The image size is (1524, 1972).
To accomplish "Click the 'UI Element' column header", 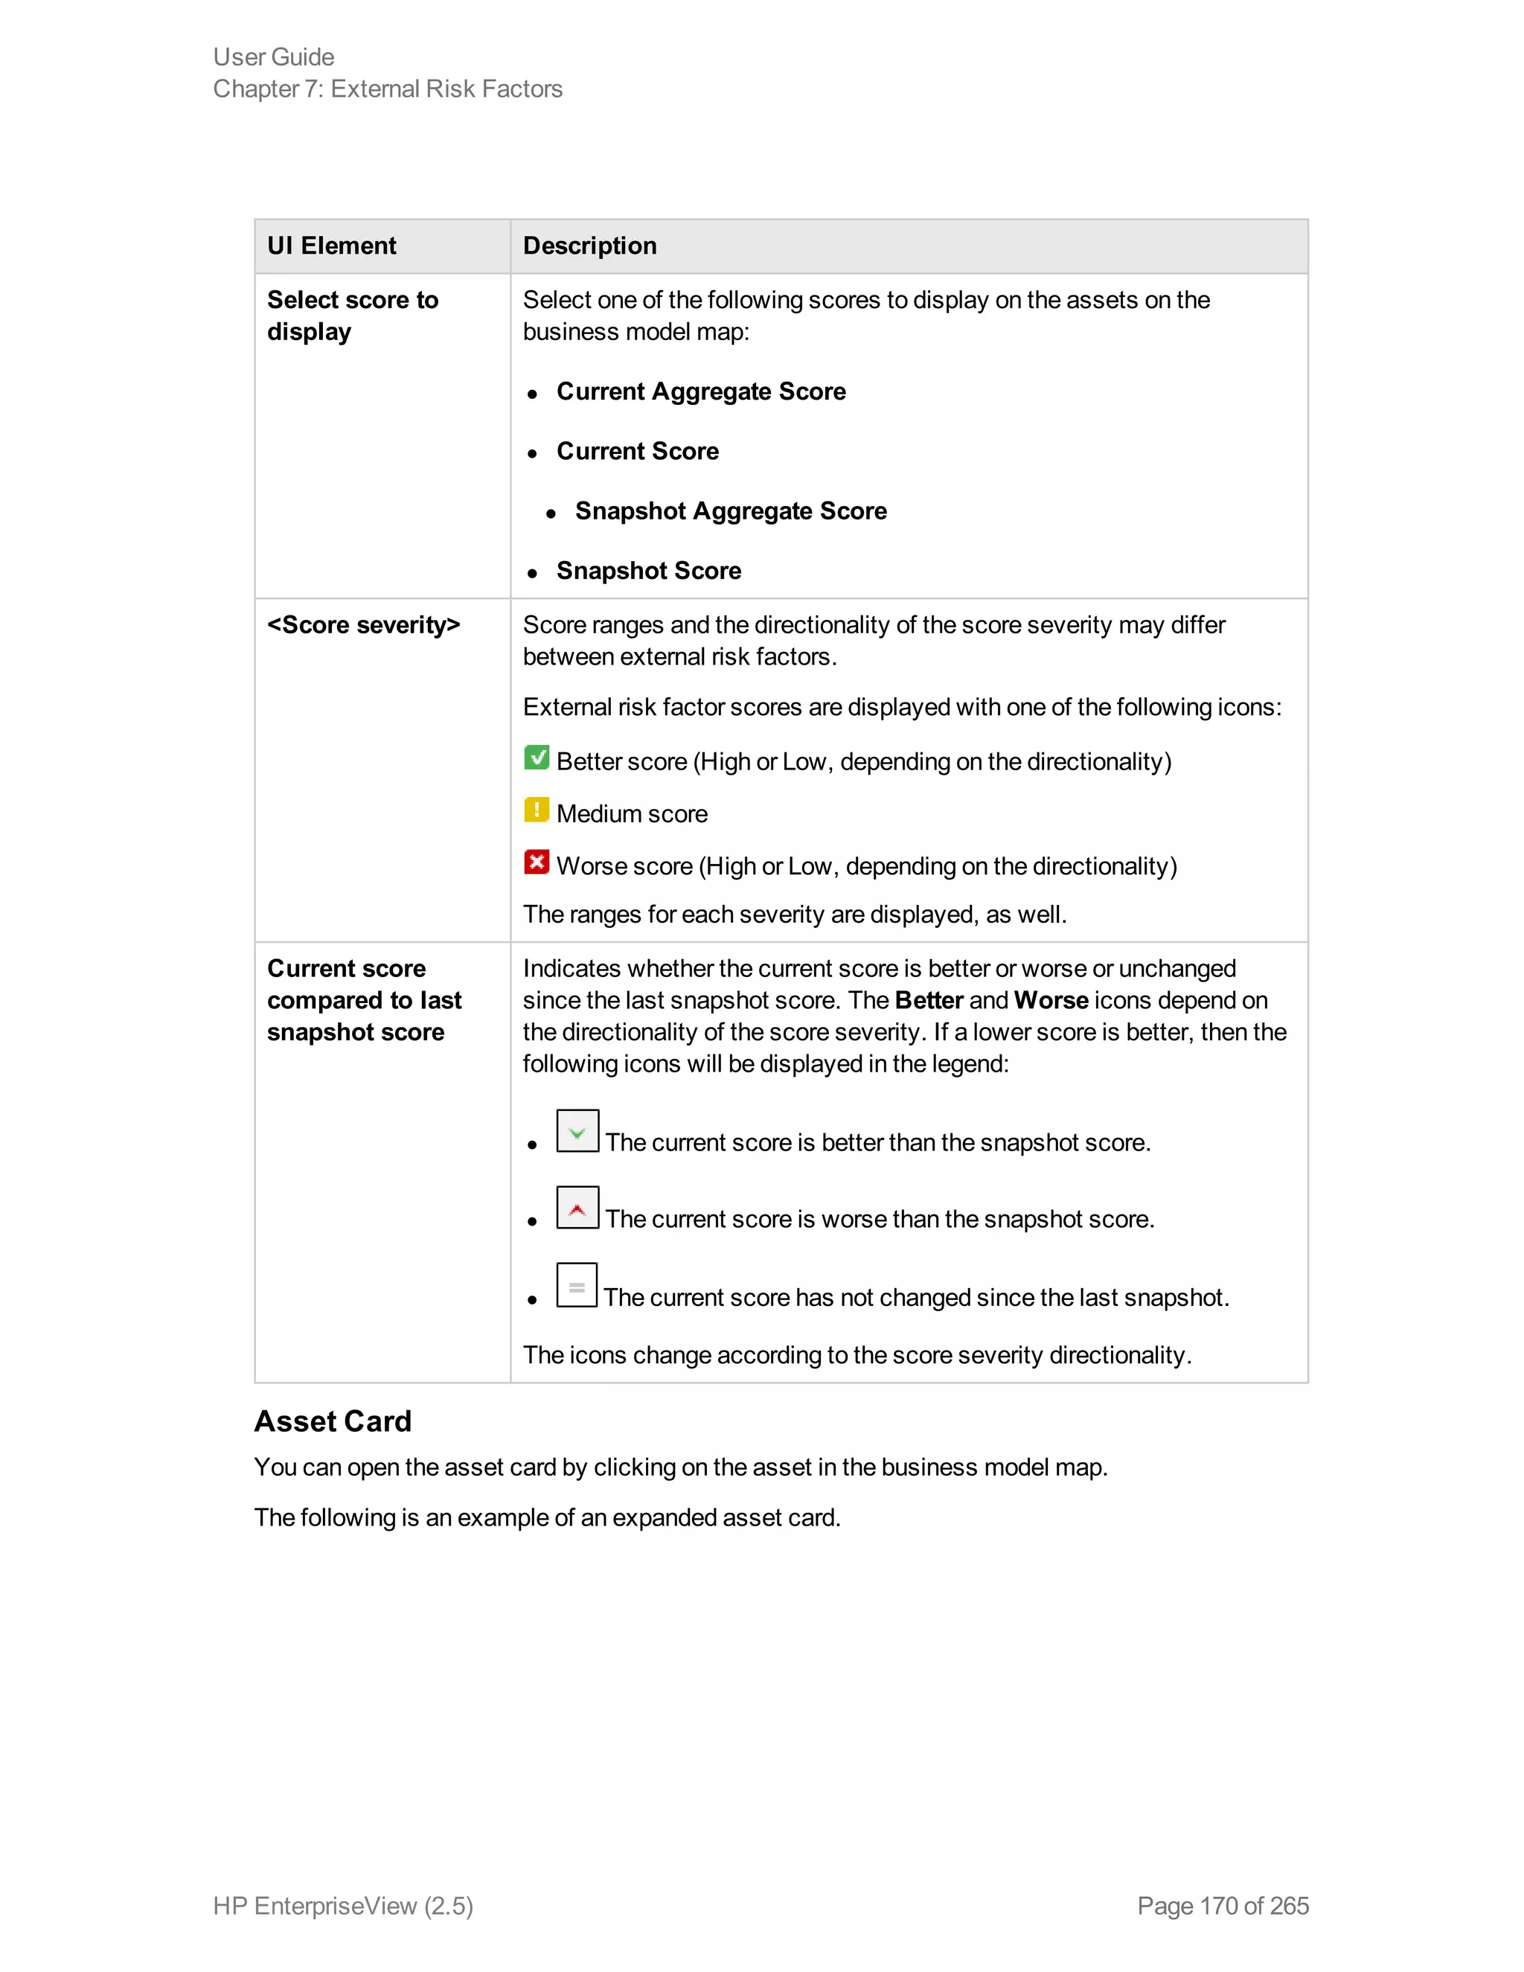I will [331, 246].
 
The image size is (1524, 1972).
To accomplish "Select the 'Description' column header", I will [589, 246].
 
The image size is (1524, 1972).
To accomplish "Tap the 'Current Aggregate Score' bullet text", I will [700, 392].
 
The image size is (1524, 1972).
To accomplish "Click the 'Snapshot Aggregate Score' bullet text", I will [731, 511].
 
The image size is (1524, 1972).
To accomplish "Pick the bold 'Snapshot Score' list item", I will [648, 571].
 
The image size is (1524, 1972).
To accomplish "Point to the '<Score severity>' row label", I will [364, 625].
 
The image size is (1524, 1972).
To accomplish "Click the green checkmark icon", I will [537, 758].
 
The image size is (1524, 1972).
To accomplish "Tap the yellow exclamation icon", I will [537, 810].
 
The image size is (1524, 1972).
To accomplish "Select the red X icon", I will [537, 862].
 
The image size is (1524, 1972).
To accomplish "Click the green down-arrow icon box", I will [577, 1131].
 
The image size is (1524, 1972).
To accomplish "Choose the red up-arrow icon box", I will [577, 1208].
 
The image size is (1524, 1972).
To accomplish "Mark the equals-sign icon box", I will [577, 1286].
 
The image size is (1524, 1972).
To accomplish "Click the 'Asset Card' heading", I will [332, 1421].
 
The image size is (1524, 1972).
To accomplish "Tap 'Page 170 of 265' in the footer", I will [1223, 1906].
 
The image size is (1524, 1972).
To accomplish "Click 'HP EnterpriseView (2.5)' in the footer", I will [343, 1906].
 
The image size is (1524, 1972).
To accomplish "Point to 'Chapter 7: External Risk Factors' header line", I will [387, 89].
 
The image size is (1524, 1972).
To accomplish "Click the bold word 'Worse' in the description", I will [1050, 1000].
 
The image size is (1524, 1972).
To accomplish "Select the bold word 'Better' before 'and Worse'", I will [928, 1000].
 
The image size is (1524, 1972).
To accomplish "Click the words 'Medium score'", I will [632, 814].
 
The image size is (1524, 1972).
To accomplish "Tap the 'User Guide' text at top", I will [274, 57].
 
